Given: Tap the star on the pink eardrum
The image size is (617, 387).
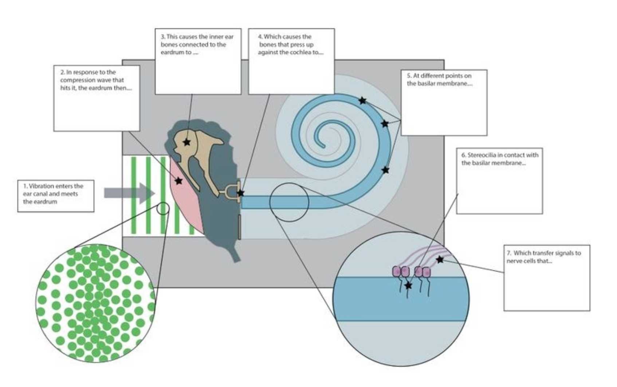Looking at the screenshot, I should [178, 181].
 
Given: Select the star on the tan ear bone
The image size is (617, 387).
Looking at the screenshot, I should [187, 142].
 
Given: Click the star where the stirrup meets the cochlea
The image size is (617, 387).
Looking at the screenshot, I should [240, 193].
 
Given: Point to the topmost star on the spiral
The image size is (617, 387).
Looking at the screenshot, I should [362, 101].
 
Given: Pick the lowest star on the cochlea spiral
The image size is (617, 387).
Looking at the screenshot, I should [385, 170].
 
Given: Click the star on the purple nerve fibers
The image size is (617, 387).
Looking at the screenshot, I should [440, 259].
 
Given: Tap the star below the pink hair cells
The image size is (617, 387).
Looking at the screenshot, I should [408, 285].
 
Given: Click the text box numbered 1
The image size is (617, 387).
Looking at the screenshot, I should [55, 196].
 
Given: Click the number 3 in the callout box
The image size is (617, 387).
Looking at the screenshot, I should [163, 37].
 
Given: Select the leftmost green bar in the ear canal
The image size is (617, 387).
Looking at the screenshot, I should [133, 195].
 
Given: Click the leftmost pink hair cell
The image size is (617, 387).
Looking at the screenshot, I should [396, 271].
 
